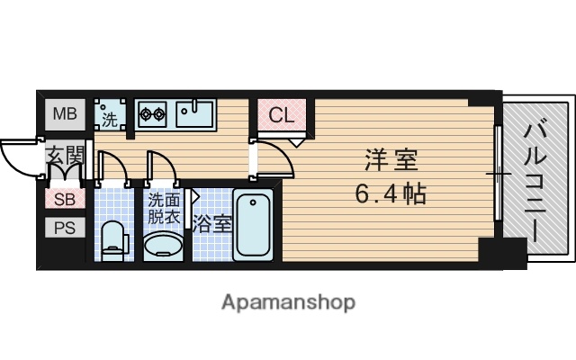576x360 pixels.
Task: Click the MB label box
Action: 64,114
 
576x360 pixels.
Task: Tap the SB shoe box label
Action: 64,200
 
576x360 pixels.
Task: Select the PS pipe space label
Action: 64,227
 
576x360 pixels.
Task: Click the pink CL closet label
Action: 281,115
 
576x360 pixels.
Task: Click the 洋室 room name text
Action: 391,160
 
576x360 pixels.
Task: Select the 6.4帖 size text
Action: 391,193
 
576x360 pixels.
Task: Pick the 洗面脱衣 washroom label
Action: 163,209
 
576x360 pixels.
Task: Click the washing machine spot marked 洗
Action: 109,115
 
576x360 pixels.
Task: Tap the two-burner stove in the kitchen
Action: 152,114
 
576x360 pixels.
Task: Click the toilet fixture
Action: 113,238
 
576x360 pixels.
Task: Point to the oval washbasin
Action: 163,244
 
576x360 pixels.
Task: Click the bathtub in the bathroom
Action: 254,225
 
